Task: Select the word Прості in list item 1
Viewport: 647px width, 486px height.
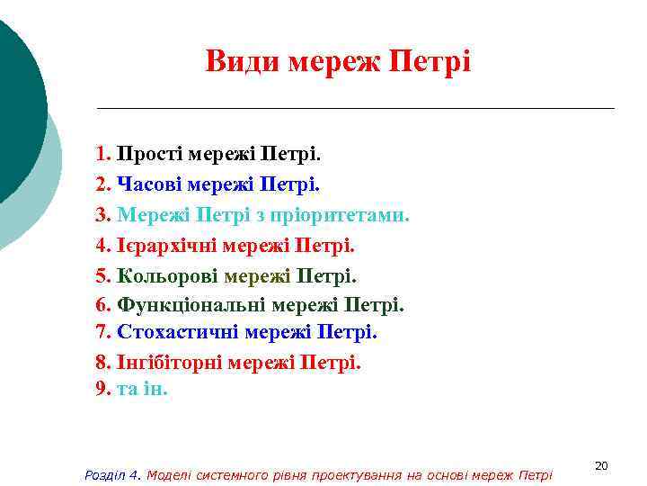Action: point(148,154)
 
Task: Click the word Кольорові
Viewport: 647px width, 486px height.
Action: point(168,274)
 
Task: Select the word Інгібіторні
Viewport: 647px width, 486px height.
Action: point(169,363)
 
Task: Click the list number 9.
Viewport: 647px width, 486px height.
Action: point(102,390)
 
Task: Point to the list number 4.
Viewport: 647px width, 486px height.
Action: point(102,245)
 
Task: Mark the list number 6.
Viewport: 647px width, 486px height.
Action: point(102,305)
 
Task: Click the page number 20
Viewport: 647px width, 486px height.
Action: point(602,465)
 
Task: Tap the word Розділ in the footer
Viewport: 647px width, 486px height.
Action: point(103,474)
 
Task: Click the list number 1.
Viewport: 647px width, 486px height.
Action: point(102,154)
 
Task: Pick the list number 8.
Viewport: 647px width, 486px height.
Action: point(102,363)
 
